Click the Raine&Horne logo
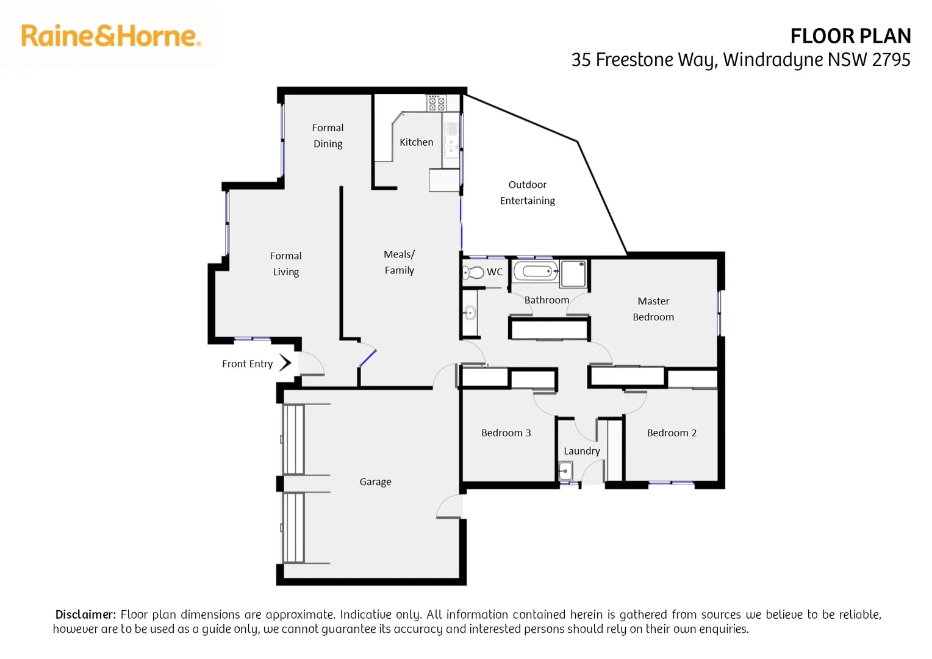[x=111, y=36]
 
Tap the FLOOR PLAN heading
[x=850, y=37]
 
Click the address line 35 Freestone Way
[x=740, y=60]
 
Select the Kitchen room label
[x=416, y=142]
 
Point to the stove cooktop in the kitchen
[x=436, y=103]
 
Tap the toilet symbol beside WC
[x=473, y=272]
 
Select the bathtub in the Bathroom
[x=536, y=271]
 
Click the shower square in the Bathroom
[x=573, y=273]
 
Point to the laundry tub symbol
[x=565, y=471]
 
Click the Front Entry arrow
[x=285, y=363]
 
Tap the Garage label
[x=375, y=482]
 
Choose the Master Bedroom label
[x=653, y=309]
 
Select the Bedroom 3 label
[x=506, y=433]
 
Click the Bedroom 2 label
[x=672, y=433]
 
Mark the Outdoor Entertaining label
[x=527, y=192]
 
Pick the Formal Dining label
[x=328, y=135]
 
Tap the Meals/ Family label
[x=399, y=262]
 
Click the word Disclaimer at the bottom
[x=85, y=614]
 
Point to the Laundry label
[x=581, y=451]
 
